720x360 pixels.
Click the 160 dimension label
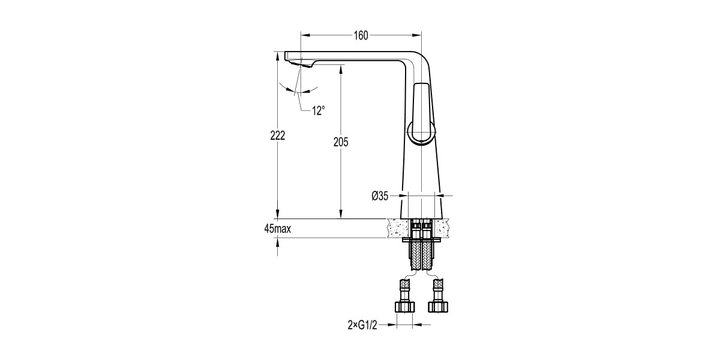tap(361, 35)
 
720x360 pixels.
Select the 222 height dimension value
tap(277, 136)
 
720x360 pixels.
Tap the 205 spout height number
tap(341, 142)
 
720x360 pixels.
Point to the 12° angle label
tap(318, 110)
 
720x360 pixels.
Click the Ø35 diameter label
tap(380, 196)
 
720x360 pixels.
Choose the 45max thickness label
tap(277, 229)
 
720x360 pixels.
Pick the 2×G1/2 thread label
tap(364, 325)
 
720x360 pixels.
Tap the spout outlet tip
tap(296, 62)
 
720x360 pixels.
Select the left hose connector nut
tap(404, 306)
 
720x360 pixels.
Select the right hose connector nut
tap(439, 306)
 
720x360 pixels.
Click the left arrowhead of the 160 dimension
tap(304, 35)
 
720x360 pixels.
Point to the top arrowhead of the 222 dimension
tap(277, 56)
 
